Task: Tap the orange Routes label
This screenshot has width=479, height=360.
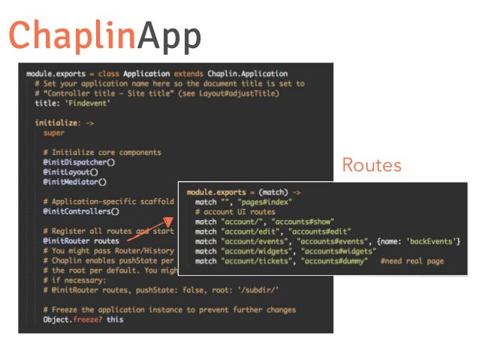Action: tap(372, 165)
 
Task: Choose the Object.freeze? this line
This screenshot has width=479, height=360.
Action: tap(83, 319)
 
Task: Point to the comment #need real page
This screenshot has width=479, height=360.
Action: tap(412, 261)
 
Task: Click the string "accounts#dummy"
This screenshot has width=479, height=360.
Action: tap(333, 261)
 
